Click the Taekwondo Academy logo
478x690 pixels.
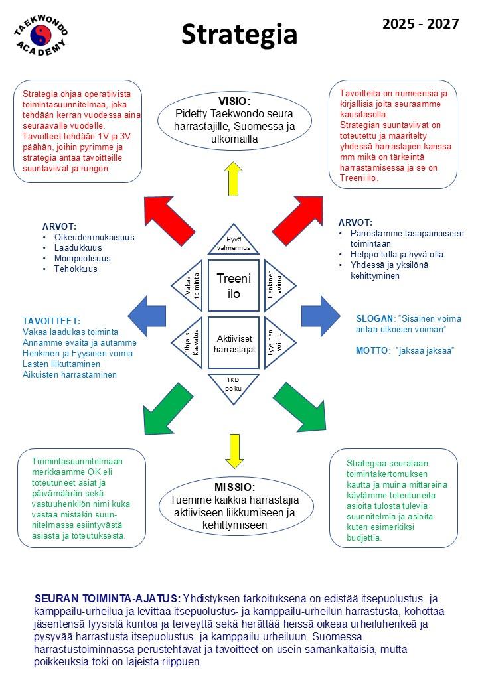tap(41, 35)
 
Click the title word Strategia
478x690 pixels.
tap(240, 35)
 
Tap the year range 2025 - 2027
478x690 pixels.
tap(420, 23)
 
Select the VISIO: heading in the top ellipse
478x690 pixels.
tap(234, 101)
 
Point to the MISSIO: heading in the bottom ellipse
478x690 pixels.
tap(234, 487)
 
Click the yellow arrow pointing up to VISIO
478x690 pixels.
tap(233, 178)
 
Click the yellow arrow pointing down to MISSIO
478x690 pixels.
tap(234, 451)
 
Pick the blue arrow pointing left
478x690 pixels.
tap(147, 316)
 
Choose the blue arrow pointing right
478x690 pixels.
tap(321, 316)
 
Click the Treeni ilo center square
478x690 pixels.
tap(233, 285)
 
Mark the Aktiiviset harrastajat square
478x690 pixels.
tap(234, 343)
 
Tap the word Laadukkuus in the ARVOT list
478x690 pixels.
tap(78, 247)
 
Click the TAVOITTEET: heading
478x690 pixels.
tap(52, 321)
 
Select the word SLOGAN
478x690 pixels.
tap(374, 318)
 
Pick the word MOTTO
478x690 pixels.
tap(372, 350)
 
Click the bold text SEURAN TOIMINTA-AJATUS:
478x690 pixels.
tap(108, 598)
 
